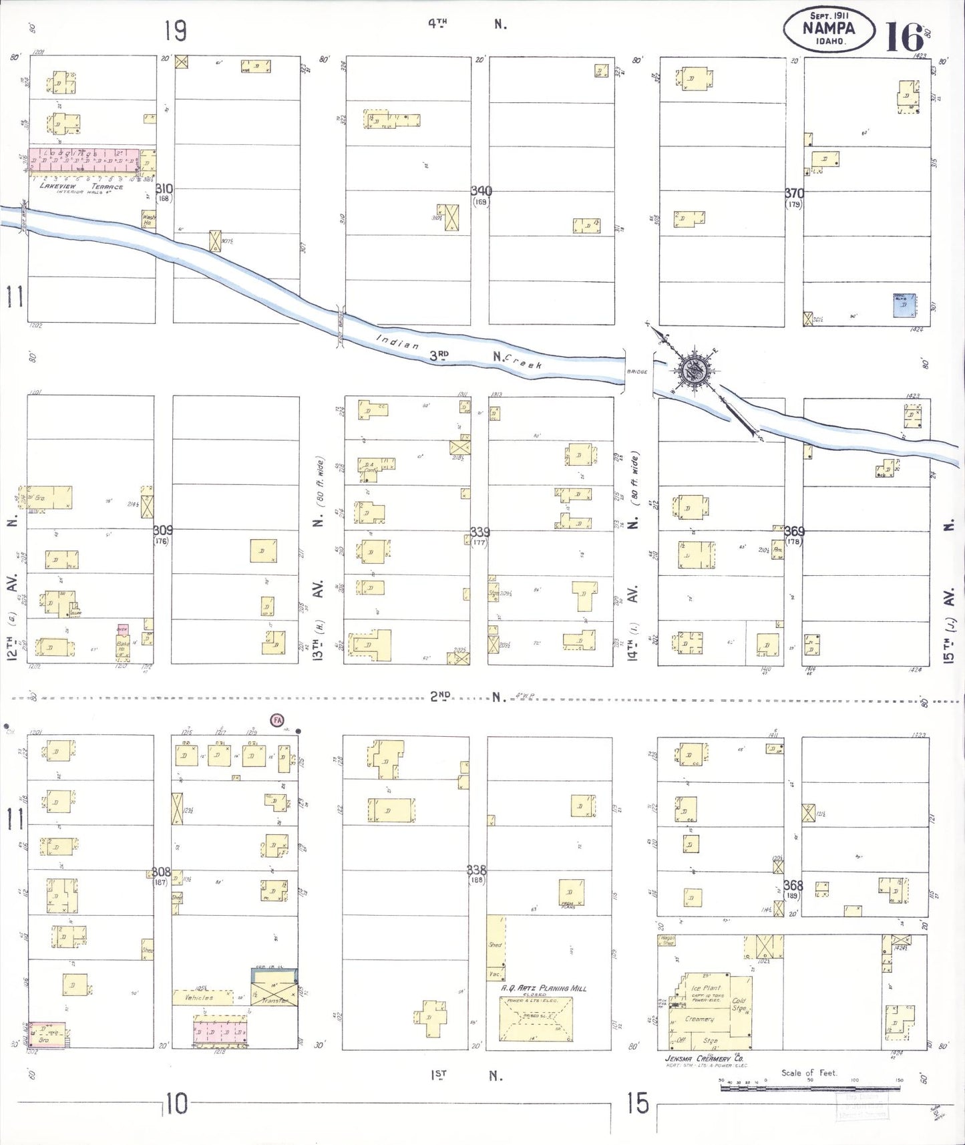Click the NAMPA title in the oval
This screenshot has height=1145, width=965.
(x=828, y=28)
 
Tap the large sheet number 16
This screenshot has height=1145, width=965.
(x=904, y=37)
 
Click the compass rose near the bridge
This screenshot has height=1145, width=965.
(x=695, y=369)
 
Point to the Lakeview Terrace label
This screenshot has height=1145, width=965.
(x=81, y=187)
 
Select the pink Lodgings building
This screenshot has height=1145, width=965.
(x=84, y=160)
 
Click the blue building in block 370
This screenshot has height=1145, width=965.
(x=904, y=305)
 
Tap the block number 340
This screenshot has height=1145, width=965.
(x=481, y=192)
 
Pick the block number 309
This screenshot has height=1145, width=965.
(x=162, y=530)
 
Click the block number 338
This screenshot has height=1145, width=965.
(x=476, y=870)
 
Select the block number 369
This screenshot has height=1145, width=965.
(x=794, y=532)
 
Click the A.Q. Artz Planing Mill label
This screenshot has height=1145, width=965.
(x=544, y=988)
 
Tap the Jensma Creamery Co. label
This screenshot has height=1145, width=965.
(x=704, y=1058)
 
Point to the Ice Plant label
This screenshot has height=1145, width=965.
(x=706, y=987)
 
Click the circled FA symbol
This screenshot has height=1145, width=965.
(x=276, y=719)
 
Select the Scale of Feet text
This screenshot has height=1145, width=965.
(x=809, y=1073)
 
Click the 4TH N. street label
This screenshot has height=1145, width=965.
(x=467, y=24)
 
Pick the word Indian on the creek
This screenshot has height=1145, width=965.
(x=398, y=342)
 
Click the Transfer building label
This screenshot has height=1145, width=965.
(x=275, y=1000)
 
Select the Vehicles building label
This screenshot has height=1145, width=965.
(x=199, y=997)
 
